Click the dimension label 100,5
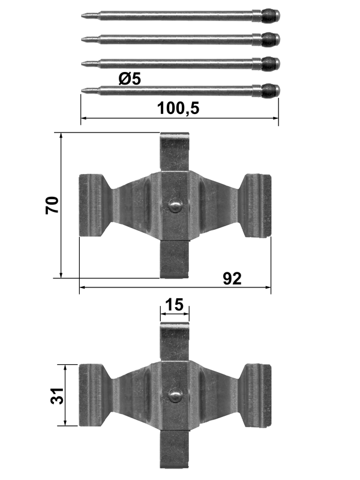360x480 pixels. pyautogui.click(x=178, y=108)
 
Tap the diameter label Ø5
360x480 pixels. pyautogui.click(x=130, y=79)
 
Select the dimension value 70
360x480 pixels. pyautogui.click(x=52, y=205)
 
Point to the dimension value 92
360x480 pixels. pyautogui.click(x=232, y=278)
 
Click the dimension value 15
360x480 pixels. pyautogui.click(x=175, y=305)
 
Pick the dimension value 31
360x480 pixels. pyautogui.click(x=56, y=395)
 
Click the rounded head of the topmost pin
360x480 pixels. pyautogui.click(x=271, y=16)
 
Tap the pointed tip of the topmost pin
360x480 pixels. pyautogui.click(x=82, y=15)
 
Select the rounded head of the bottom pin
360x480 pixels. pyautogui.click(x=271, y=90)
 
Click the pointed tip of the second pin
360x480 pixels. pyautogui.click(x=82, y=39)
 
